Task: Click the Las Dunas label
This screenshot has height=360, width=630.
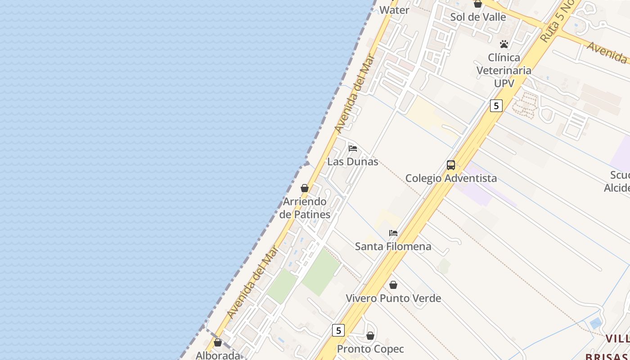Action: [x=353, y=162]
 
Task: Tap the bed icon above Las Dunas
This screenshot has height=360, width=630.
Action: [x=353, y=148]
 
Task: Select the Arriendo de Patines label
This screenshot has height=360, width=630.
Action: [x=305, y=208]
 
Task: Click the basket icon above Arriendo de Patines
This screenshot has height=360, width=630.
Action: [x=305, y=188]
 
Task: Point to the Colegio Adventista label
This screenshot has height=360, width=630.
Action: [x=451, y=178]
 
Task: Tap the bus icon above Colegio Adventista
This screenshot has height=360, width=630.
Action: [x=451, y=165]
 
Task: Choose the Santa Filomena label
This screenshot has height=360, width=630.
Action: [x=393, y=247]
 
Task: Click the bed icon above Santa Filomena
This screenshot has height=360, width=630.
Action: [x=393, y=233]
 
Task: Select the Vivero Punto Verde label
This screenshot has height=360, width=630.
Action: [x=393, y=298]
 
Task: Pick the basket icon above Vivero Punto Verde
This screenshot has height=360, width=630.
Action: [x=393, y=285]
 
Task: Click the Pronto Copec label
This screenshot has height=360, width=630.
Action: [x=370, y=349]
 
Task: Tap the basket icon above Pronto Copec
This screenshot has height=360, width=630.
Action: [x=370, y=336]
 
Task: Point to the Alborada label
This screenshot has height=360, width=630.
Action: [x=218, y=355]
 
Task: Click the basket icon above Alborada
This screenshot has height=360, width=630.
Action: [x=218, y=342]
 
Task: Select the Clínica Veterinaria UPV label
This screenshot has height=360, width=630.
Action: [x=504, y=71]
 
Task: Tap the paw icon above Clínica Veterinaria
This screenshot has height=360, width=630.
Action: [x=504, y=44]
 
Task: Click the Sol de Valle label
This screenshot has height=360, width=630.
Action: [x=478, y=17]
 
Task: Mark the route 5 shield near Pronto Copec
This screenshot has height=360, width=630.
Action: [x=338, y=330]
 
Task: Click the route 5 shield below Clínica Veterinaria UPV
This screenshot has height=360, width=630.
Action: [x=496, y=106]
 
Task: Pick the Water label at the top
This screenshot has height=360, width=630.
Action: [x=394, y=10]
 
